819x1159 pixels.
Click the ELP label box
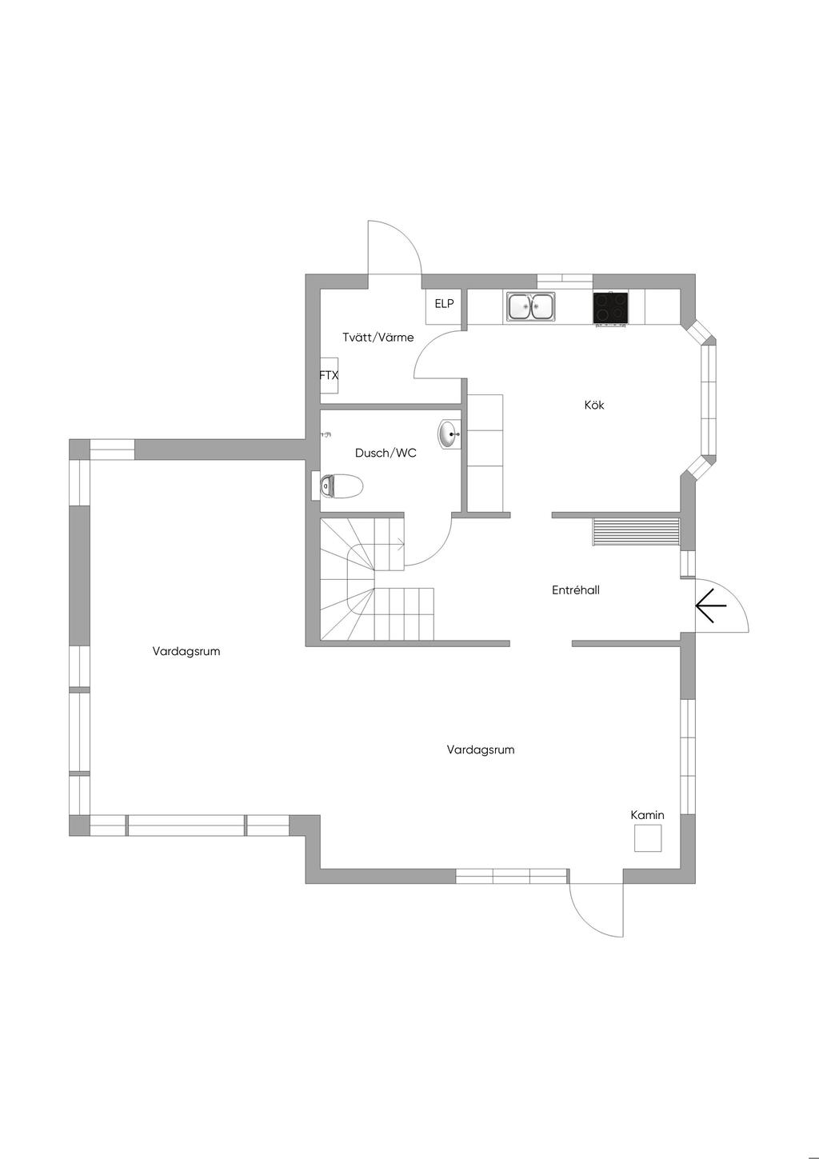[444, 304]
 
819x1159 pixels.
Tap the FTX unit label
[329, 375]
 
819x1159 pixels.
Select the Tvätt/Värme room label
[378, 338]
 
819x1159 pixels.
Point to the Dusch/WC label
[386, 454]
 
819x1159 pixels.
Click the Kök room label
[594, 405]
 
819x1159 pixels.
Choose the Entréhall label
[575, 589]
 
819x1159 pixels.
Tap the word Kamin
[647, 815]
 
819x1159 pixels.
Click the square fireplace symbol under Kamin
[648, 838]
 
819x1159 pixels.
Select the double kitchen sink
[531, 306]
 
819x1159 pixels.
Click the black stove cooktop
[612, 307]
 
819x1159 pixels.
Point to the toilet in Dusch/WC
[341, 486]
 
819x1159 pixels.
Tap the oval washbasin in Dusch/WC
[449, 434]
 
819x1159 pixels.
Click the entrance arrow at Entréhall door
[711, 605]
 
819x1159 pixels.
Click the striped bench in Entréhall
[636, 531]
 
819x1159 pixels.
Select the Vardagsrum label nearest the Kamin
[481, 749]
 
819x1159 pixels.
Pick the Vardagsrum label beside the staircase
[186, 651]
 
